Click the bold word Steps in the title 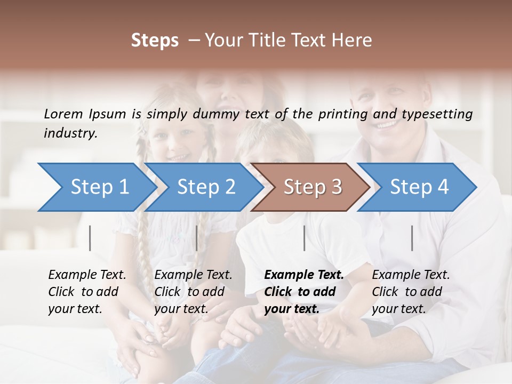click(x=155, y=41)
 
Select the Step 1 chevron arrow click(x=96, y=187)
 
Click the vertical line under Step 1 click(x=90, y=238)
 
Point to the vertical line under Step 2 click(x=197, y=238)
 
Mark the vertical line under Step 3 click(x=304, y=238)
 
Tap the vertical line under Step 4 click(x=412, y=238)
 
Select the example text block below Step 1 click(x=87, y=292)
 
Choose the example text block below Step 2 click(x=193, y=292)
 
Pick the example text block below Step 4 click(x=411, y=292)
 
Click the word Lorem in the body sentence click(x=63, y=114)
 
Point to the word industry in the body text click(x=70, y=133)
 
